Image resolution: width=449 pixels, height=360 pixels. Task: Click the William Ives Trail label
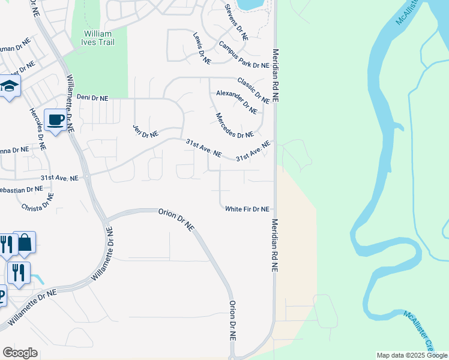click(x=99, y=38)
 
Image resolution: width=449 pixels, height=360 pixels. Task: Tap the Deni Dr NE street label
click(x=92, y=97)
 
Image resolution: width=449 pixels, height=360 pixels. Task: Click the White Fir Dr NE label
click(x=247, y=209)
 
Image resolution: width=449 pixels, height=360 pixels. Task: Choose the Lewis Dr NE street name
click(x=202, y=49)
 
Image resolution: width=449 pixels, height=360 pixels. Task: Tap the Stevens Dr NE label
click(x=236, y=22)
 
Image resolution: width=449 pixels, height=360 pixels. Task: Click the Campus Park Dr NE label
click(x=244, y=56)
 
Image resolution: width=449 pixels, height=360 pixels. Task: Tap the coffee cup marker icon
click(x=56, y=121)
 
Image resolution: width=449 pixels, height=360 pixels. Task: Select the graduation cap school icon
click(x=9, y=86)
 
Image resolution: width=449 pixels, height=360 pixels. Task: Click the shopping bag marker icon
click(x=24, y=243)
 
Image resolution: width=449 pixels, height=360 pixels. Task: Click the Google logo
click(x=20, y=353)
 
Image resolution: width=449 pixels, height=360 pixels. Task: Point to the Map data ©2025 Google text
click(x=412, y=355)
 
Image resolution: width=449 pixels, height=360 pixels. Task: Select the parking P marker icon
click(x=2, y=297)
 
